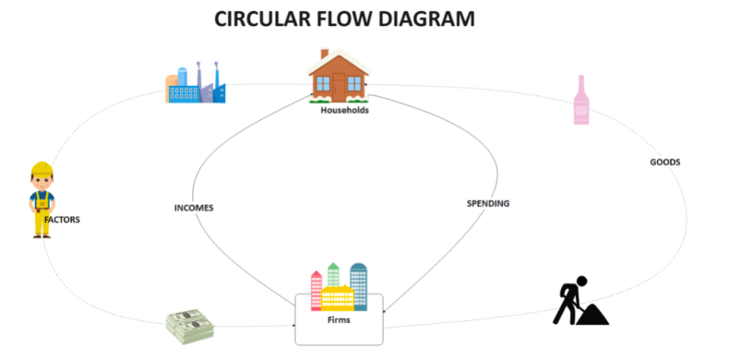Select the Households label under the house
(x=344, y=111)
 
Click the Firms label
(x=339, y=319)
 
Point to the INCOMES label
(x=194, y=208)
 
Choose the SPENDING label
(x=488, y=204)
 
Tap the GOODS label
(x=665, y=162)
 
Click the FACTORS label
(x=63, y=220)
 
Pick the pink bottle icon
(x=581, y=100)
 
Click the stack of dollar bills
(x=190, y=326)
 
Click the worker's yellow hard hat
(x=42, y=169)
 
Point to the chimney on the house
(x=325, y=54)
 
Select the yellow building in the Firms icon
(x=338, y=297)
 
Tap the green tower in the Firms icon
(x=333, y=275)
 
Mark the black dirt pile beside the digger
(x=592, y=314)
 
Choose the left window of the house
(x=323, y=84)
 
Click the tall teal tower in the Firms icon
(x=359, y=286)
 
